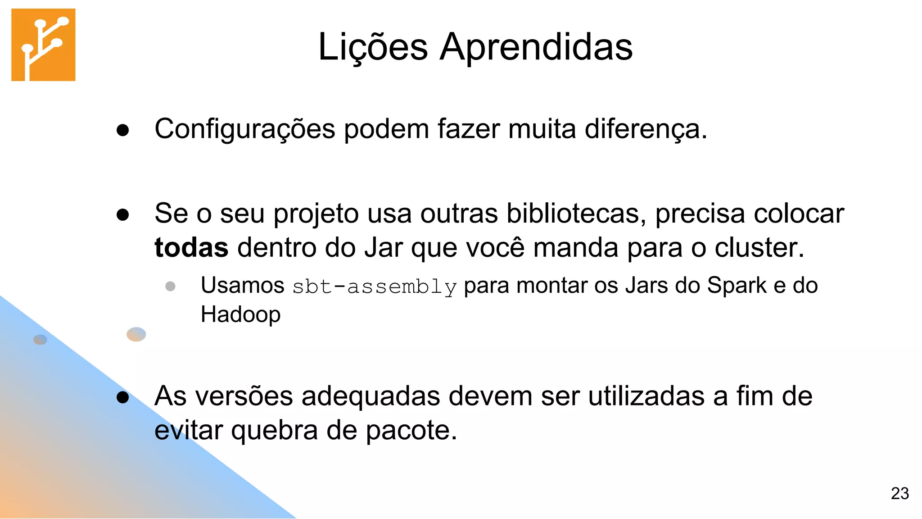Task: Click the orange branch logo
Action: (x=43, y=45)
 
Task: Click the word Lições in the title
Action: (x=373, y=47)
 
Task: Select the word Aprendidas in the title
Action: (x=536, y=47)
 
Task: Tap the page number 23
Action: (x=899, y=493)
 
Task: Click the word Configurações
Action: (x=244, y=129)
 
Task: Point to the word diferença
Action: (x=646, y=129)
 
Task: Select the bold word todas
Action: (x=191, y=248)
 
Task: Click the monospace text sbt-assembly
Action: (x=374, y=287)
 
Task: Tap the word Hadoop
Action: (x=240, y=314)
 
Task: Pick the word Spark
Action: (x=737, y=285)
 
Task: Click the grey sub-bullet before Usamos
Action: (x=170, y=286)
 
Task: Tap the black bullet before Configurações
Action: (x=122, y=131)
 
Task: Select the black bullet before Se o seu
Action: (x=122, y=215)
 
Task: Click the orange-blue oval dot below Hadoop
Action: (x=136, y=334)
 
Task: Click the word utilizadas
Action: (x=646, y=396)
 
